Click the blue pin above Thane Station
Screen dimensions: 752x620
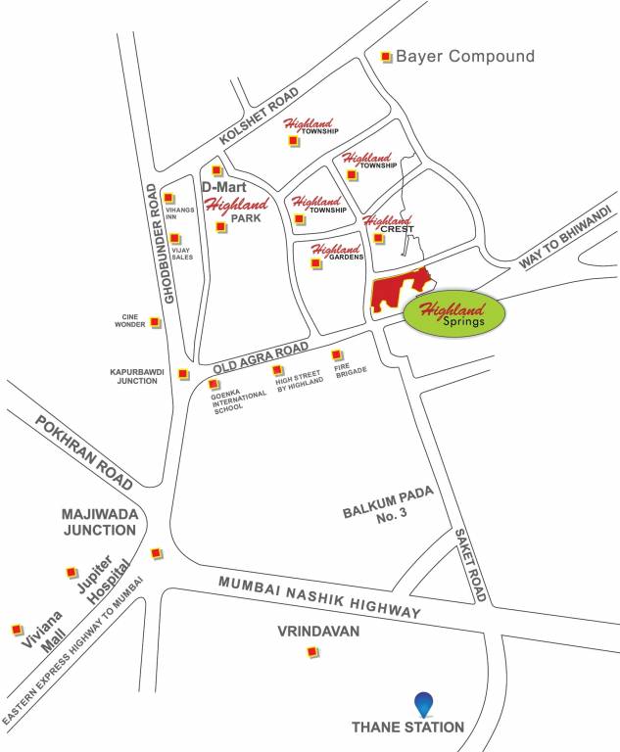pyautogui.click(x=422, y=703)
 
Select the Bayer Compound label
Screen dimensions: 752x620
pyautogui.click(x=465, y=56)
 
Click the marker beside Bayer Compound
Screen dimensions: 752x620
pyautogui.click(x=386, y=56)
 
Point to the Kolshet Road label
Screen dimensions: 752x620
pyautogui.click(x=259, y=117)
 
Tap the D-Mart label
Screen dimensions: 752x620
pyautogui.click(x=222, y=186)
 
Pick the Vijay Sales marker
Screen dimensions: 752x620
pyautogui.click(x=174, y=238)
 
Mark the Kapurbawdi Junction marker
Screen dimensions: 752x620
pyautogui.click(x=183, y=373)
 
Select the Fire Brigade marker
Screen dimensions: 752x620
pyautogui.click(x=336, y=354)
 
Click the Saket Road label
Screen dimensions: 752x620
pyautogui.click(x=470, y=565)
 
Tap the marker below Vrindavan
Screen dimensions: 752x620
pyautogui.click(x=285, y=652)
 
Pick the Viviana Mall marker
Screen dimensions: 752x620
pyautogui.click(x=16, y=629)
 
